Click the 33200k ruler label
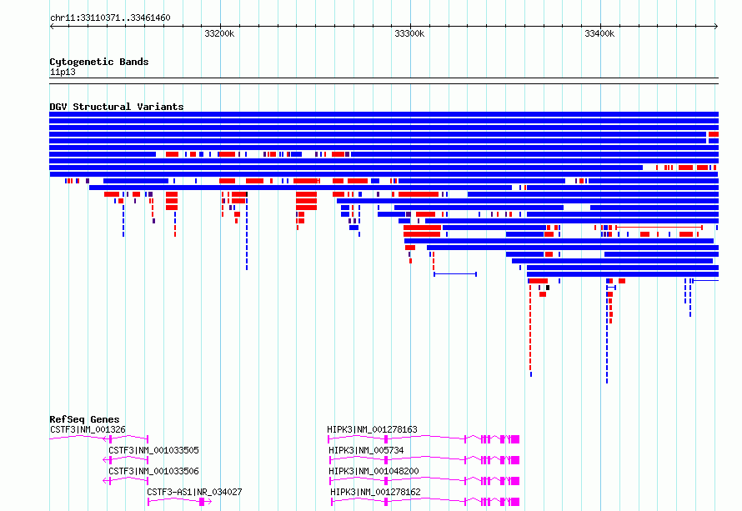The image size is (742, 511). [219, 33]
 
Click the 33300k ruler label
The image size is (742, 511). [409, 33]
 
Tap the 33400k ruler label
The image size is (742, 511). [599, 33]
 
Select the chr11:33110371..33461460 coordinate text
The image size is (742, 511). [110, 18]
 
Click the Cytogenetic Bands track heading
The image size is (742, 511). [99, 62]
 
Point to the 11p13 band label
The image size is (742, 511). [63, 72]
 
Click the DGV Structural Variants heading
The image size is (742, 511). [117, 107]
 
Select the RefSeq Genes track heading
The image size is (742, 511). [84, 419]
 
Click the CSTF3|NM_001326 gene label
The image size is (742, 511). [88, 429]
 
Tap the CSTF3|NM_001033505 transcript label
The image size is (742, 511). [153, 450]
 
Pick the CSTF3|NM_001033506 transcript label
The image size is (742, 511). [153, 471]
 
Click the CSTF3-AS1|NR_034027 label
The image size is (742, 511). [194, 492]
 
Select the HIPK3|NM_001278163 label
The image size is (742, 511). [372, 429]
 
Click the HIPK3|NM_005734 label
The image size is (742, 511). [366, 450]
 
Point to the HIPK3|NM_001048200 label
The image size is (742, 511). [374, 471]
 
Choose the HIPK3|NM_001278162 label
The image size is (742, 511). [375, 492]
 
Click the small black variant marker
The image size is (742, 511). [548, 288]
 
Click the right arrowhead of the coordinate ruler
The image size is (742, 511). [716, 26]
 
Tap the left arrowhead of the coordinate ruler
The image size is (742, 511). [52, 26]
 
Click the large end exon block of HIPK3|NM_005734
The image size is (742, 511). [515, 460]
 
